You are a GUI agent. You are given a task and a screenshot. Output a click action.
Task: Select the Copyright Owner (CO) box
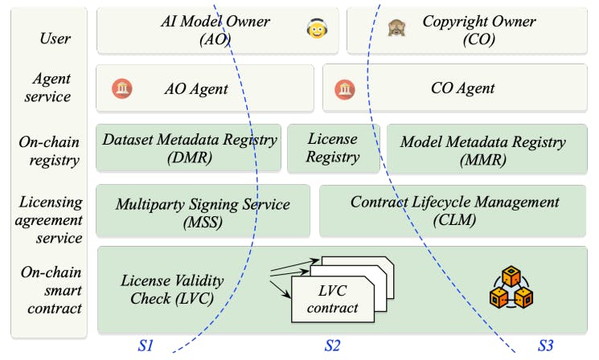(x=470, y=31)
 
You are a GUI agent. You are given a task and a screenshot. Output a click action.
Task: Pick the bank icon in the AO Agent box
(x=121, y=88)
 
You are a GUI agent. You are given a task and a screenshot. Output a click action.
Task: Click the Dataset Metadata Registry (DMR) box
(x=189, y=148)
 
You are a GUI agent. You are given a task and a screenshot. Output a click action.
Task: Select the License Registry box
(x=333, y=148)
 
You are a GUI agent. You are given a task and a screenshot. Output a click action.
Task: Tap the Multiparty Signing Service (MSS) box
(x=203, y=211)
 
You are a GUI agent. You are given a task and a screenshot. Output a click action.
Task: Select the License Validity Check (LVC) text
(x=173, y=289)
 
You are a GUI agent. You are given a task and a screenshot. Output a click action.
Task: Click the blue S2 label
(x=332, y=346)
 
